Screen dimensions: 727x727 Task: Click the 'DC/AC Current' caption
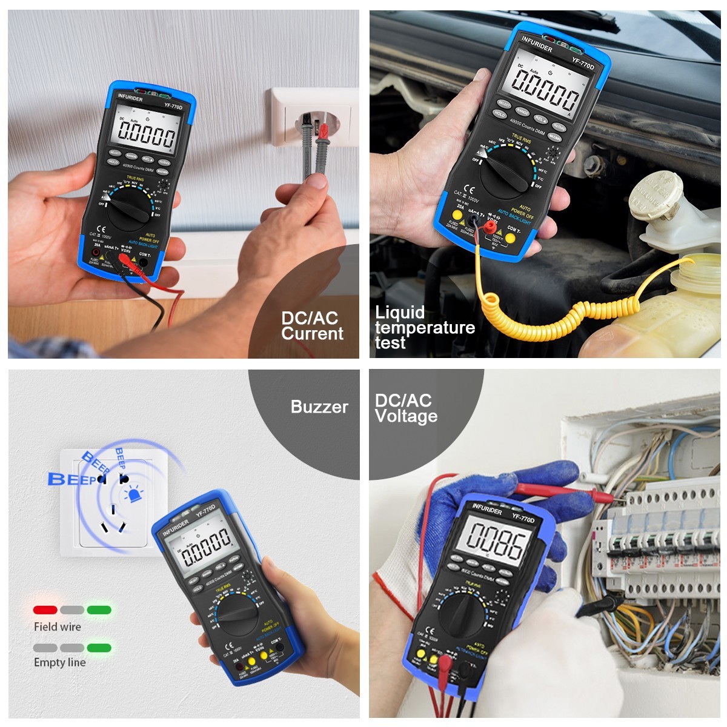point(312,326)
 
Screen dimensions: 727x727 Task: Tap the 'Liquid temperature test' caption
point(424,328)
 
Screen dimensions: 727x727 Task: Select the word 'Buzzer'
point(319,407)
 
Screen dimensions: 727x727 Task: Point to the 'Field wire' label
point(57,627)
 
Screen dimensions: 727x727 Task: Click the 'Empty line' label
point(59,662)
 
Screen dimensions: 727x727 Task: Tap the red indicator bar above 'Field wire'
point(45,610)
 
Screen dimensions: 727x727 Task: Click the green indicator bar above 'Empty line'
point(99,648)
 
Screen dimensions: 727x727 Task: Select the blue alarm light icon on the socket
point(133,496)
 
